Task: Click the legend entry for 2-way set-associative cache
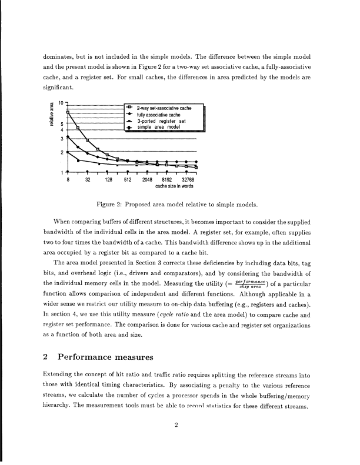click(164, 109)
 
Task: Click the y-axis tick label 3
click(61, 138)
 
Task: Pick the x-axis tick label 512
click(128, 180)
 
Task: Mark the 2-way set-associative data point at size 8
click(68, 111)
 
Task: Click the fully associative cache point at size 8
click(68, 137)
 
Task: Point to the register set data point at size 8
click(68, 152)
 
